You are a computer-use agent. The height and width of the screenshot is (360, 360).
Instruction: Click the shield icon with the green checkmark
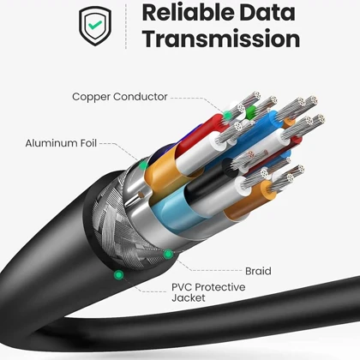[95, 26]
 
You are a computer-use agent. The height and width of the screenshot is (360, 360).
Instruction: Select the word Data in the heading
[267, 12]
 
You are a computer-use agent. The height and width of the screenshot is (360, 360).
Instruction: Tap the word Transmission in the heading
[221, 39]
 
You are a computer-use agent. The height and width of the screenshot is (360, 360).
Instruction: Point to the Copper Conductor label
[120, 97]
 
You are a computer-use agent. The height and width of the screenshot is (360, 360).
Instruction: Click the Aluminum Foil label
[61, 143]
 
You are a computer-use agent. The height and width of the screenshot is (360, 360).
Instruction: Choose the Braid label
[258, 271]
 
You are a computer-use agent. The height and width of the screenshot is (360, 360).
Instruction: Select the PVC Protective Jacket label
[208, 292]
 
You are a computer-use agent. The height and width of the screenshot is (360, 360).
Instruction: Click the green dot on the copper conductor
[228, 115]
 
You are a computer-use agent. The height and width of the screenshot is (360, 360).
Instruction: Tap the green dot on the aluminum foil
[143, 165]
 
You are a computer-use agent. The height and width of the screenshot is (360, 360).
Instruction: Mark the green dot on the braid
[168, 254]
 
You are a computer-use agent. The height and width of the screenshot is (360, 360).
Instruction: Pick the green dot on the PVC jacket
[118, 275]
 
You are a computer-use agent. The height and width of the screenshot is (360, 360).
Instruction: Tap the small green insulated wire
[251, 112]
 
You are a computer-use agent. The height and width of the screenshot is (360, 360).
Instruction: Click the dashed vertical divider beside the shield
[126, 27]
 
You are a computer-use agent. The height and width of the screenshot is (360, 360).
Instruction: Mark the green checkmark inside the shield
[95, 25]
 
